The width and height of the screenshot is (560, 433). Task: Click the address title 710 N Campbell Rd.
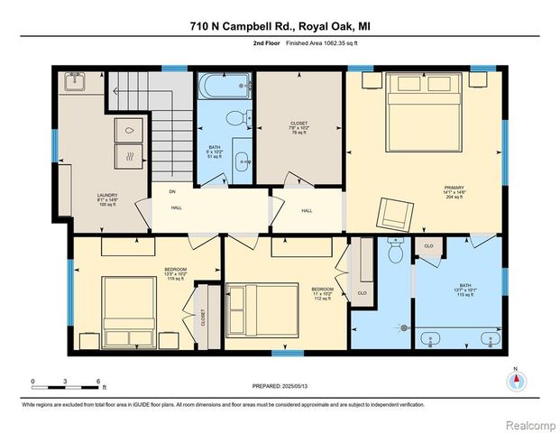pyautogui.click(x=279, y=26)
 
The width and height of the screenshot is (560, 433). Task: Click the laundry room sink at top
pyautogui.click(x=74, y=82)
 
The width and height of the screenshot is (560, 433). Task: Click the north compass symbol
pyautogui.click(x=516, y=382)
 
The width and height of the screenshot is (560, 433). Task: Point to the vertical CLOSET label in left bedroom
pyautogui.click(x=204, y=317)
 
